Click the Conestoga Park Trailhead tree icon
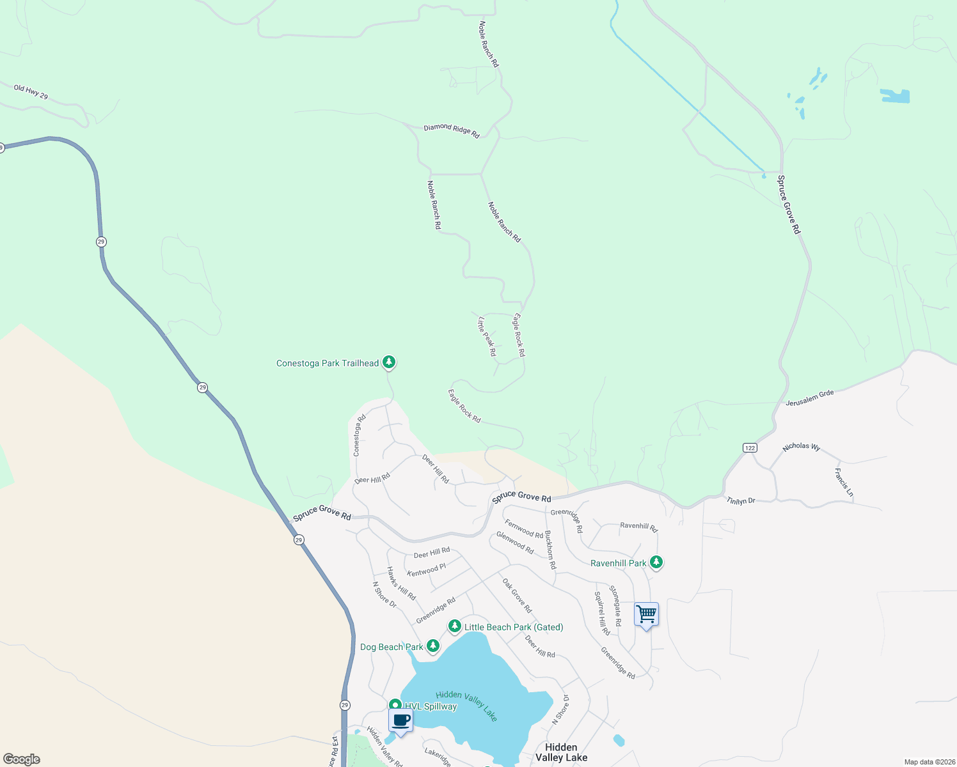[x=388, y=362]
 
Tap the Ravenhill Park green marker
[x=656, y=562]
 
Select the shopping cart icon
[x=646, y=614]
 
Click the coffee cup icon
[x=400, y=720]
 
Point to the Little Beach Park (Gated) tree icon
[x=454, y=626]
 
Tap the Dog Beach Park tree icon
[x=433, y=646]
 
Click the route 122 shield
[x=750, y=447]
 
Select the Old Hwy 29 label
[x=31, y=92]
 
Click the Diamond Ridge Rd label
[x=452, y=130]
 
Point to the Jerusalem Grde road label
[x=810, y=398]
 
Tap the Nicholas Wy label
[x=802, y=446]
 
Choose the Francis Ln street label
[x=844, y=483]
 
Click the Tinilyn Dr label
[x=741, y=501]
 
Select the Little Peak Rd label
[x=487, y=336]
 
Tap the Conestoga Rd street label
[x=360, y=435]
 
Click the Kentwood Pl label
[x=426, y=569]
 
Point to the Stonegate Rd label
[x=615, y=605]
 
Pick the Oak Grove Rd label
[x=517, y=596]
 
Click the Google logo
[x=21, y=759]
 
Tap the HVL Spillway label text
[x=431, y=706]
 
